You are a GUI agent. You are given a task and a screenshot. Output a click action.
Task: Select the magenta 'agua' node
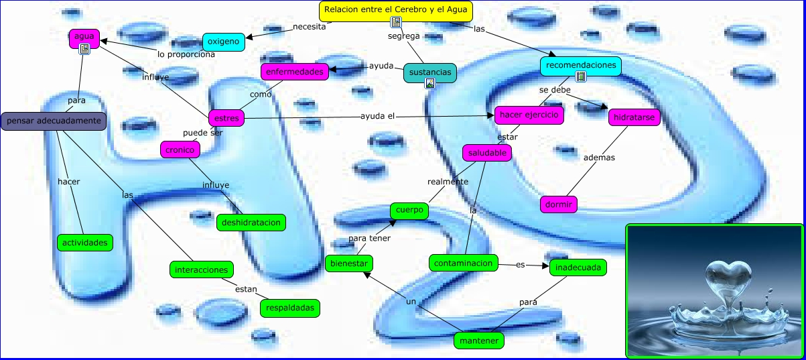coord(84,36)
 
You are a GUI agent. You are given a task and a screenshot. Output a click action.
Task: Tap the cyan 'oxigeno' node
coord(223,42)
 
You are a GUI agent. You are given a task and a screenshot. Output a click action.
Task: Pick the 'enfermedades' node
coord(294,71)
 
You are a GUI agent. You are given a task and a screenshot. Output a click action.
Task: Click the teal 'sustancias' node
coord(429,71)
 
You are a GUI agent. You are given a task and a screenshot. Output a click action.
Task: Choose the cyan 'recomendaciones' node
coord(580,65)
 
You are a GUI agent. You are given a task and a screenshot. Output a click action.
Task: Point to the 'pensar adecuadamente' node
coord(54,121)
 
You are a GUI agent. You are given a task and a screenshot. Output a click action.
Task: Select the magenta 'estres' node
coord(226,119)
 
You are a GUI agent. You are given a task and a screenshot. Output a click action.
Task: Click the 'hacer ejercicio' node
coord(529,115)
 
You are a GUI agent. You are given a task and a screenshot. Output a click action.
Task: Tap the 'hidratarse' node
coord(634,118)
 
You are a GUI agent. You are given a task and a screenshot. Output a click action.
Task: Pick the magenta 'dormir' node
coord(559,204)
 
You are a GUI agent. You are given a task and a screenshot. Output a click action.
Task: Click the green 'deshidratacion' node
coord(251,222)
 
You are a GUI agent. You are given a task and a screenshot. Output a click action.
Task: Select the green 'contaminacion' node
coord(464,263)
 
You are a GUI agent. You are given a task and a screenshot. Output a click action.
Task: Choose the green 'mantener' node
coord(478,341)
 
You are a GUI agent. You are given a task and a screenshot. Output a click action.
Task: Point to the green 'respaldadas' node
coord(289,308)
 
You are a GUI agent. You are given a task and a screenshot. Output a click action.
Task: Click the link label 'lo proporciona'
coord(186,54)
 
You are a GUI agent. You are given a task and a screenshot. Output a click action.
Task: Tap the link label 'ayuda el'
coord(378,116)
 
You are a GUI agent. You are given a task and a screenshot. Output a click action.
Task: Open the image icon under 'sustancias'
coord(430,83)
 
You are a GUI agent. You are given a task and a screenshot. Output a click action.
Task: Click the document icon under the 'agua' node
coord(84,48)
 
